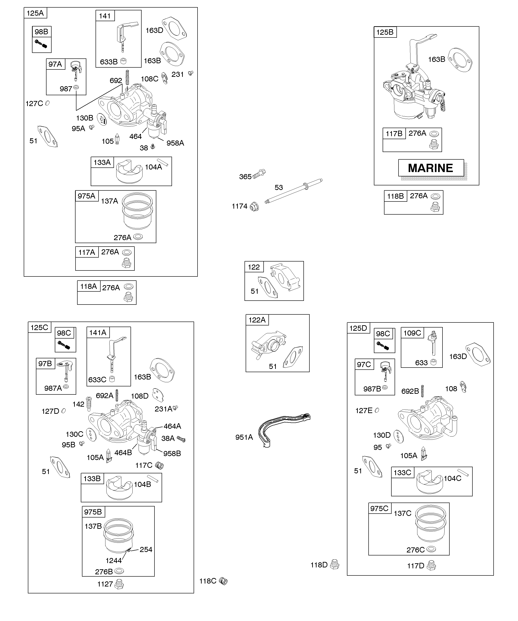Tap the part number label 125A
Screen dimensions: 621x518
point(35,13)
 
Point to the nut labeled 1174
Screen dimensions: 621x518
point(254,206)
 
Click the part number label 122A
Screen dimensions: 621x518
point(257,320)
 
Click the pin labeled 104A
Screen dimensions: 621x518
point(163,162)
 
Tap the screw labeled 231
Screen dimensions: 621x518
point(191,72)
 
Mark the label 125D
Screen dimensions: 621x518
point(358,328)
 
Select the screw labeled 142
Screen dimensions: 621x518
point(88,403)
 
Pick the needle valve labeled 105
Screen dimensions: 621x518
point(117,139)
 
